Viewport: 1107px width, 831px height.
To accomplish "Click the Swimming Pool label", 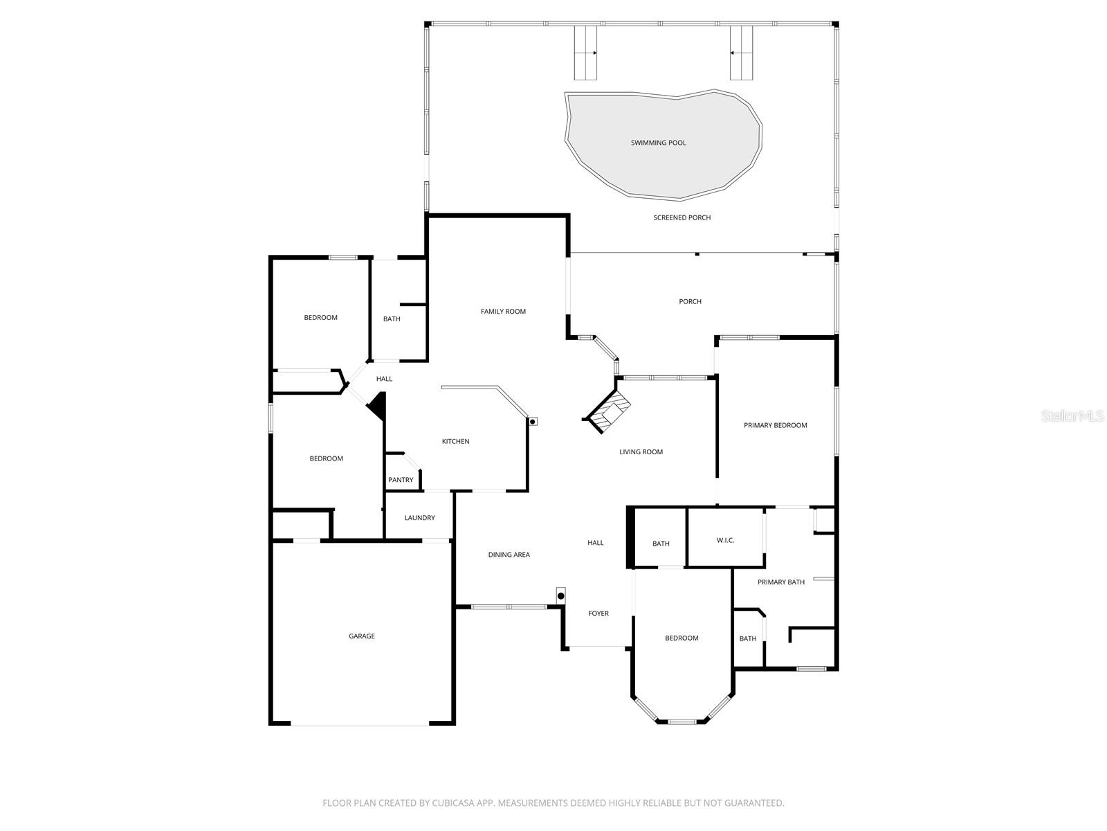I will (658, 143).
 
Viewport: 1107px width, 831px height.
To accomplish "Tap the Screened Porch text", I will (681, 217).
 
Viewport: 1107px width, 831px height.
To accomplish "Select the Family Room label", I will (503, 312).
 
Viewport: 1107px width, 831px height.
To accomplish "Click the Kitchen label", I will (455, 441).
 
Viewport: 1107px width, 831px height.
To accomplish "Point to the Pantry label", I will (401, 480).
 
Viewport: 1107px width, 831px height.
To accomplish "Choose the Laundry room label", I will (419, 518).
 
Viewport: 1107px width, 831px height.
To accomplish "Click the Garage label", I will (361, 636).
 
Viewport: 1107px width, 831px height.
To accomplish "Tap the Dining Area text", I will (509, 555).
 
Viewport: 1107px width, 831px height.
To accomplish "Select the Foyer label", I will (598, 614).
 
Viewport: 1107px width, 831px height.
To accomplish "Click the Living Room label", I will (641, 452).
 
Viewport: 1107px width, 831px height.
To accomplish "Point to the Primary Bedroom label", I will (775, 425).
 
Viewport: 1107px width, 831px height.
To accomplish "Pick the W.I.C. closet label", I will (725, 540).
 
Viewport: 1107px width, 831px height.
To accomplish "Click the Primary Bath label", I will (780, 582).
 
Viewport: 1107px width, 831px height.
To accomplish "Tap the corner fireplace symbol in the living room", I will (608, 413).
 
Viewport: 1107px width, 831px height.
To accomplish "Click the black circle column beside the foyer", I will (561, 596).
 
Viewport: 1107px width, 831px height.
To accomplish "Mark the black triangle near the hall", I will (377, 406).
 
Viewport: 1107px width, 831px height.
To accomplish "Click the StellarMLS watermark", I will (1072, 415).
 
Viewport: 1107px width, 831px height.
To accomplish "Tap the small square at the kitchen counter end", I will (533, 421).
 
